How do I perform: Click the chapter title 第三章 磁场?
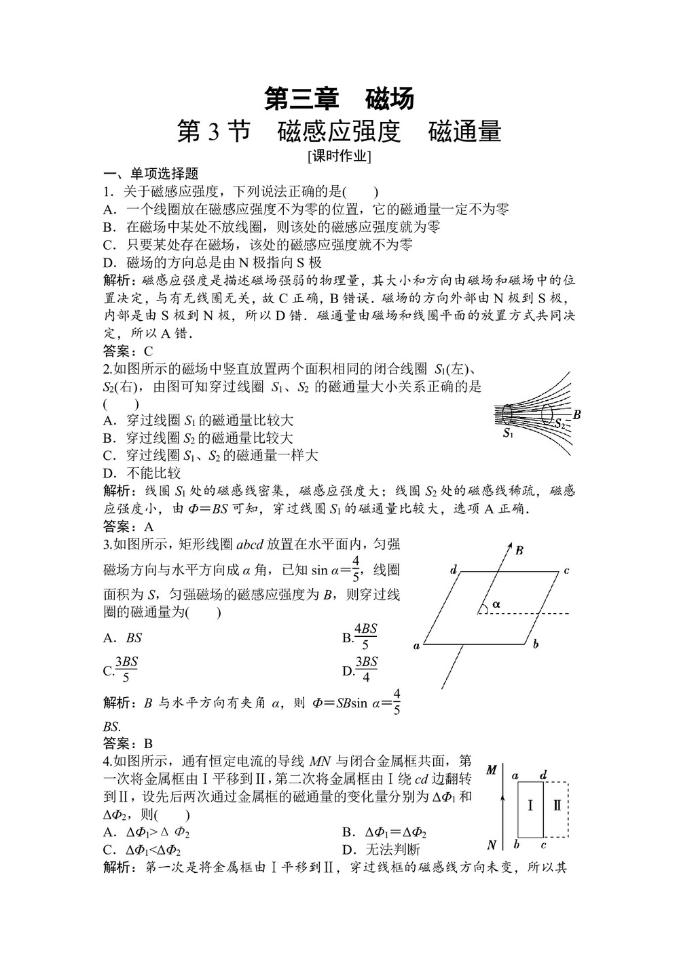click(x=339, y=99)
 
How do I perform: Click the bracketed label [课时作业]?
click(x=339, y=156)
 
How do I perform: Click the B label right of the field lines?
click(x=576, y=414)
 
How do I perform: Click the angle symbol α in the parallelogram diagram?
click(x=496, y=602)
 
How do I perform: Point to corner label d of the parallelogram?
click(x=454, y=570)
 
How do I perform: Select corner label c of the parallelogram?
click(x=566, y=570)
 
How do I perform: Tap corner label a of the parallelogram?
click(x=416, y=646)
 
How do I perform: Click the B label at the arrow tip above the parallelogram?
click(x=519, y=550)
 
